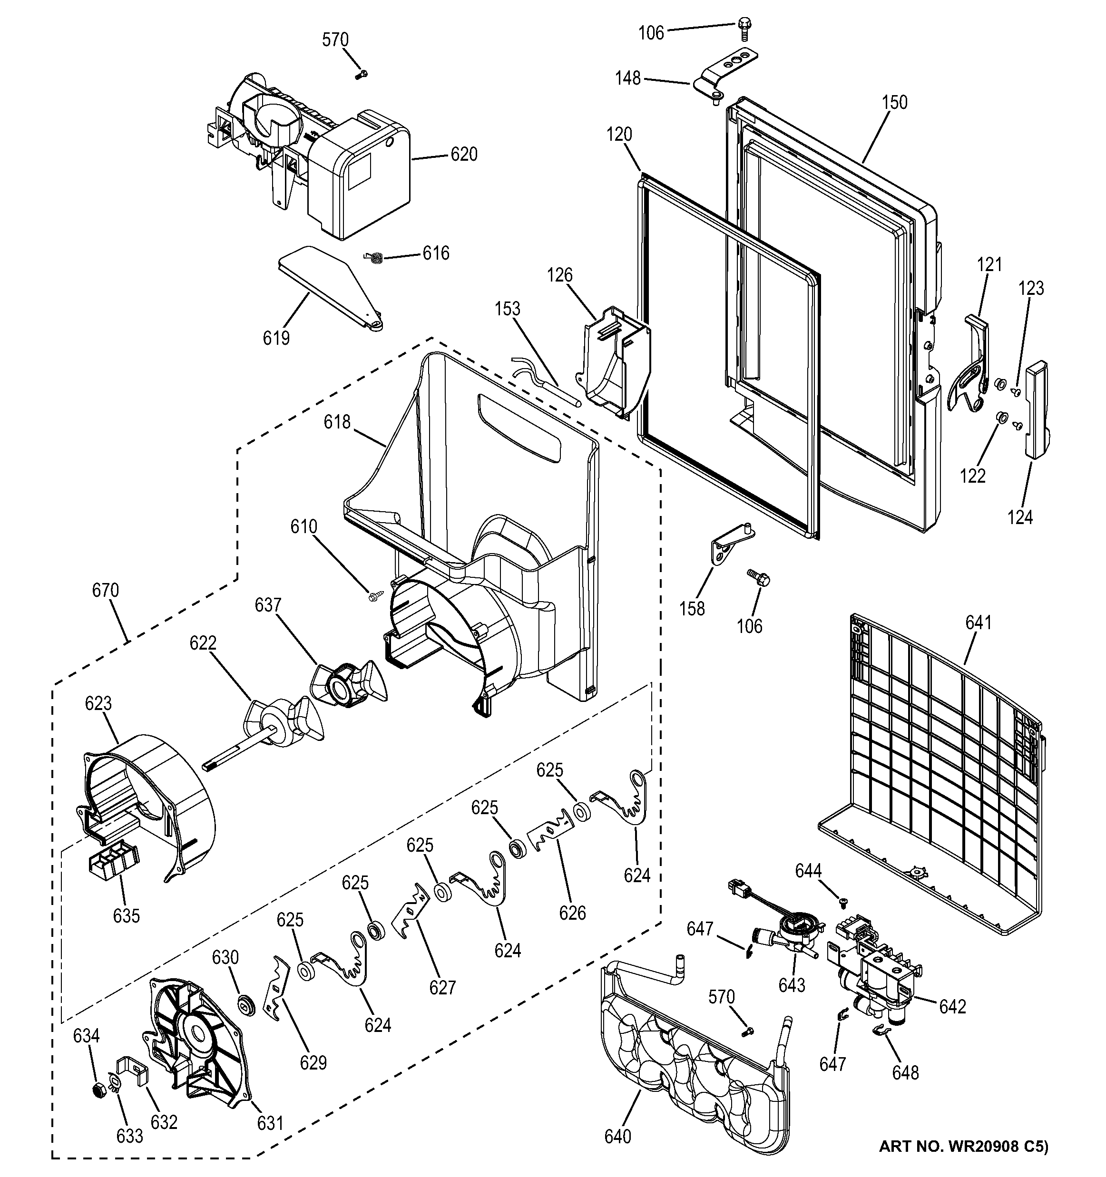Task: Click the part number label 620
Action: [464, 155]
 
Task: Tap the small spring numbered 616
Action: [373, 256]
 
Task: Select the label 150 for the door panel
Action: [894, 102]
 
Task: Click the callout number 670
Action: [106, 590]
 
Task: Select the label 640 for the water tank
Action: [617, 1136]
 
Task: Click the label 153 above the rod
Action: [508, 309]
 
